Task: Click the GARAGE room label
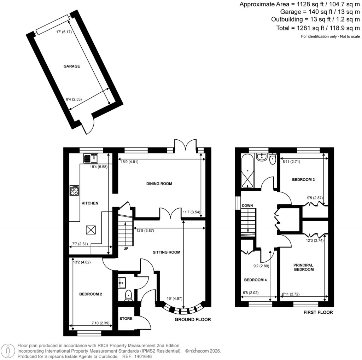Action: (71, 66)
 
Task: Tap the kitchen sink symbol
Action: (90, 158)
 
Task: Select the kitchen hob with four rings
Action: (75, 191)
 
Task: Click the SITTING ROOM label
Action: (167, 252)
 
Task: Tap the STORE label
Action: (126, 319)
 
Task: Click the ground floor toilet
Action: (128, 295)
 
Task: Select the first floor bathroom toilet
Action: (272, 159)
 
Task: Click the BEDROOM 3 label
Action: (303, 180)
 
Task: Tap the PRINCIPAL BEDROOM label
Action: (303, 267)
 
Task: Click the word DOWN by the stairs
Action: (247, 205)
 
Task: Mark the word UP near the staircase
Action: (126, 249)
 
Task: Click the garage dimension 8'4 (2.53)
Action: (74, 99)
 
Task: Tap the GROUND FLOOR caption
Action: (193, 320)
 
